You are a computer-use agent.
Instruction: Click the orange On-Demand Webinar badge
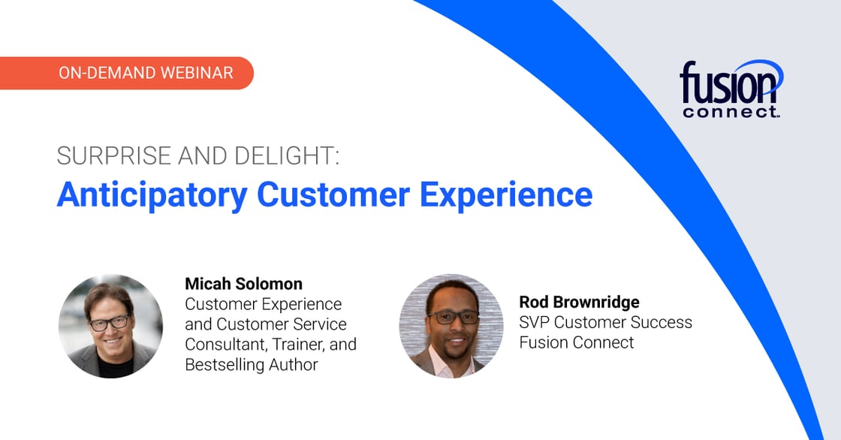[x=127, y=73]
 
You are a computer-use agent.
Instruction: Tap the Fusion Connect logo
[x=731, y=89]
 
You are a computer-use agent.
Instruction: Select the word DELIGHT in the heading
[x=286, y=155]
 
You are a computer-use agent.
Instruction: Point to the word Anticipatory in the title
[x=152, y=195]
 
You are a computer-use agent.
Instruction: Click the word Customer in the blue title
[x=333, y=194]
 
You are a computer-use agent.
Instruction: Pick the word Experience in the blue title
[x=506, y=196]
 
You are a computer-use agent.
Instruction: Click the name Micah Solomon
[x=243, y=283]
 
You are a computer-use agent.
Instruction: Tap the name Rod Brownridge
[x=579, y=302]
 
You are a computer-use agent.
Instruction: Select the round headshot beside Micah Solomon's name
[x=110, y=326]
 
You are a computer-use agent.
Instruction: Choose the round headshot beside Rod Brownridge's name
[x=451, y=326]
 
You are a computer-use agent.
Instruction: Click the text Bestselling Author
[x=251, y=365]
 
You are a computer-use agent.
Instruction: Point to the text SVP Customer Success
[x=605, y=322]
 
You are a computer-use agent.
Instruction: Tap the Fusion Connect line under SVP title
[x=576, y=342]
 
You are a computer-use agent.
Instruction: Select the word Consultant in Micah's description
[x=226, y=345]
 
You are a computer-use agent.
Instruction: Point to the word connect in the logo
[x=731, y=112]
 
